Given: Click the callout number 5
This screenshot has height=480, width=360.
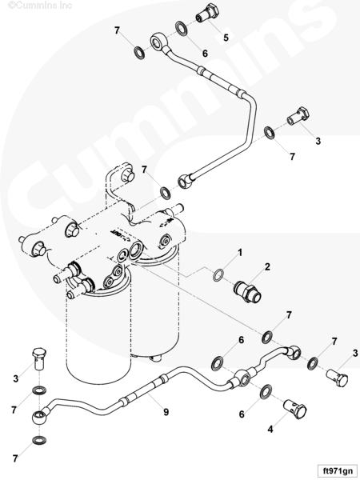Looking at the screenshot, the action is coord(226,38).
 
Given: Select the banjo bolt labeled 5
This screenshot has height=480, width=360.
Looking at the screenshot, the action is coord(209,13).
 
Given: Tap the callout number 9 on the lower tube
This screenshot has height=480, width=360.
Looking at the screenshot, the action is coord(166,412).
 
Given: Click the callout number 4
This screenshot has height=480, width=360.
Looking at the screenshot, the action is coord(270,429).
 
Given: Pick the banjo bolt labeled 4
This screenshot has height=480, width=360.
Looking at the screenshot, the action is coord(295,409).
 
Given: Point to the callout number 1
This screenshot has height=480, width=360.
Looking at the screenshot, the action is coord(240,253).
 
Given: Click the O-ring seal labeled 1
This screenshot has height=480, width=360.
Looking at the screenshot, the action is coord(218,275).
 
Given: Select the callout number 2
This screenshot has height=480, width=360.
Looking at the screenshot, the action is coord(267,266).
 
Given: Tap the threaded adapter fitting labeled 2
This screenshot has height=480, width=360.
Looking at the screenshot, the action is coord(247,292).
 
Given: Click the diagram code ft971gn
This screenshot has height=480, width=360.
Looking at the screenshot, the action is coord(338,470).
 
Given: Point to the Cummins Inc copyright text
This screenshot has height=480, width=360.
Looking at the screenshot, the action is coord(40,6).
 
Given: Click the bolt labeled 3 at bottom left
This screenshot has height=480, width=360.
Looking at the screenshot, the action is coord(39,358).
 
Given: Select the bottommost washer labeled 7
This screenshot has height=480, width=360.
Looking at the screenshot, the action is coord(39,440).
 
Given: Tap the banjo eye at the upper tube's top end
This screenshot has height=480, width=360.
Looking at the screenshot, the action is coord(158,42).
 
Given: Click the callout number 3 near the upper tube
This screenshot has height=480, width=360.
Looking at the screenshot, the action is coord(318,141).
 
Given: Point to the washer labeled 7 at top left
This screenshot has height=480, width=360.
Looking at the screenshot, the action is coord(139,52).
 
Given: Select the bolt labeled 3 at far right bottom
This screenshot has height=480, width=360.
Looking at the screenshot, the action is coord(337,378).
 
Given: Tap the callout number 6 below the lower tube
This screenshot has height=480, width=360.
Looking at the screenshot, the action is coord(242,414).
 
